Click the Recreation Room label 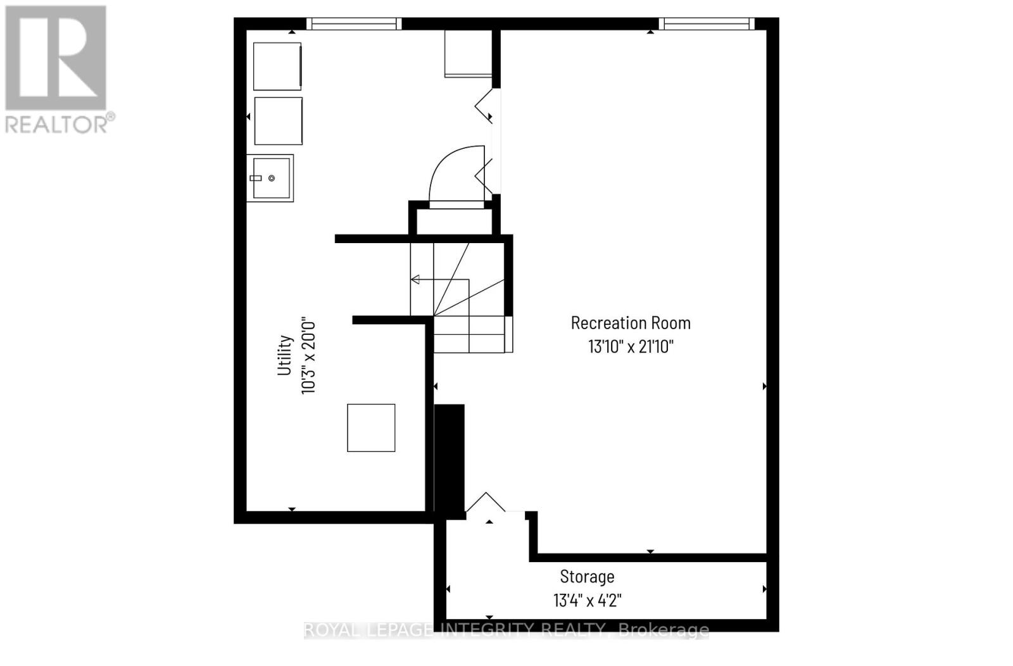630,323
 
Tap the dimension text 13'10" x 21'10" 630,347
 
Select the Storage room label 587,577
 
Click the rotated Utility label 285,355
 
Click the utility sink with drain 270,179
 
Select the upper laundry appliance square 277,66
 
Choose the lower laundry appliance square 278,120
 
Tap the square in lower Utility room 371,428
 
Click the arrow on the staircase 415,279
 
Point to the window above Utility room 354,24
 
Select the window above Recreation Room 706,24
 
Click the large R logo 56,58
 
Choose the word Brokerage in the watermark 663,630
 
